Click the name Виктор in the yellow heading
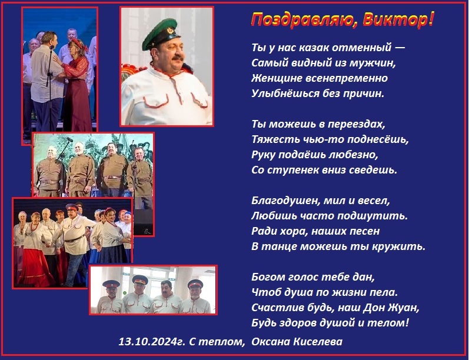(398, 21)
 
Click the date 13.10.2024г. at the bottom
(152, 341)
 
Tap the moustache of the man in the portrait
(177, 57)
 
